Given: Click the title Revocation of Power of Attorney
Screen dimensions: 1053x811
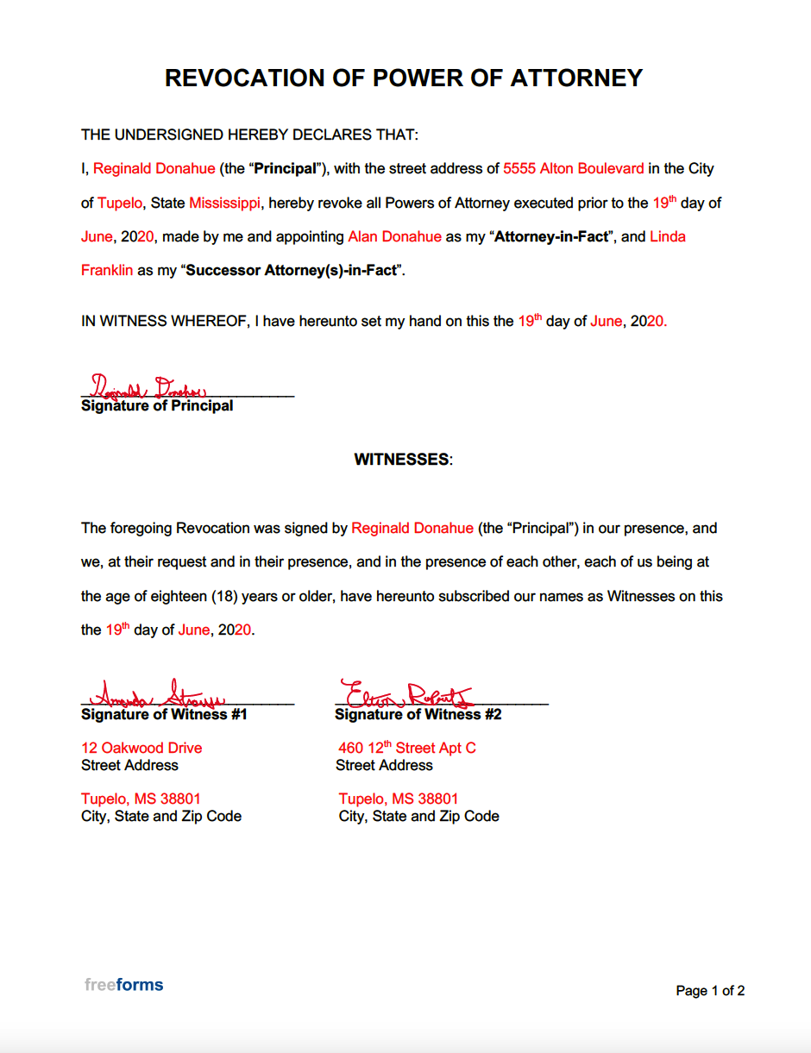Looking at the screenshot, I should point(404,78).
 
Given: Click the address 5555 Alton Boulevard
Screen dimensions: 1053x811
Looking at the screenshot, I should point(574,169).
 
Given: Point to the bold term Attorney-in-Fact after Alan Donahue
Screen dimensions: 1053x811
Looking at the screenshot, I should point(551,237).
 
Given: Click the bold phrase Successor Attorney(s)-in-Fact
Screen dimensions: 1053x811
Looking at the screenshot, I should point(292,271).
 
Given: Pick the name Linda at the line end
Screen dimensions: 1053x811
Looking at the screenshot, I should point(668,237).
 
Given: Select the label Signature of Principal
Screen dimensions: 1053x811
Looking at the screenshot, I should point(157,406).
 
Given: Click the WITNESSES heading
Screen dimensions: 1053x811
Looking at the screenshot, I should point(403,460).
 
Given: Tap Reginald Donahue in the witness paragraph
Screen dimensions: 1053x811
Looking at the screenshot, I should point(412,529).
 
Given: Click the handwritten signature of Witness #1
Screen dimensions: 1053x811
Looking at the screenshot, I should point(160,695).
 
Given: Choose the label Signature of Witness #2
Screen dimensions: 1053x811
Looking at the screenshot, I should point(418,715).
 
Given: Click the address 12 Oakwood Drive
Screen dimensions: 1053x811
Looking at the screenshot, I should point(141,749).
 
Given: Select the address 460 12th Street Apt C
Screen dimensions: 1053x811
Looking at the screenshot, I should point(407,749).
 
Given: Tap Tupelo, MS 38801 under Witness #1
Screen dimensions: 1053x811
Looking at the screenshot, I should point(141,799).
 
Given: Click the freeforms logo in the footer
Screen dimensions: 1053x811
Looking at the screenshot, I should point(123,985).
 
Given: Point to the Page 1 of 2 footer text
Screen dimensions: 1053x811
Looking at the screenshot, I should point(710,991).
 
